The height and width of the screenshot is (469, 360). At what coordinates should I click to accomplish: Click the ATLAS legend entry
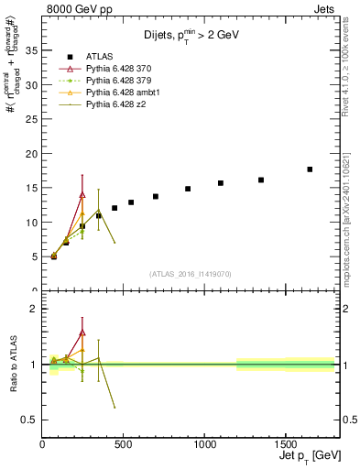98,57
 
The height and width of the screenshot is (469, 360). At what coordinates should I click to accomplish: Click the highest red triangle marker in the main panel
82,194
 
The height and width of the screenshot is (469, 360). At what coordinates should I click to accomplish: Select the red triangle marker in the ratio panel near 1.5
82,333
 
